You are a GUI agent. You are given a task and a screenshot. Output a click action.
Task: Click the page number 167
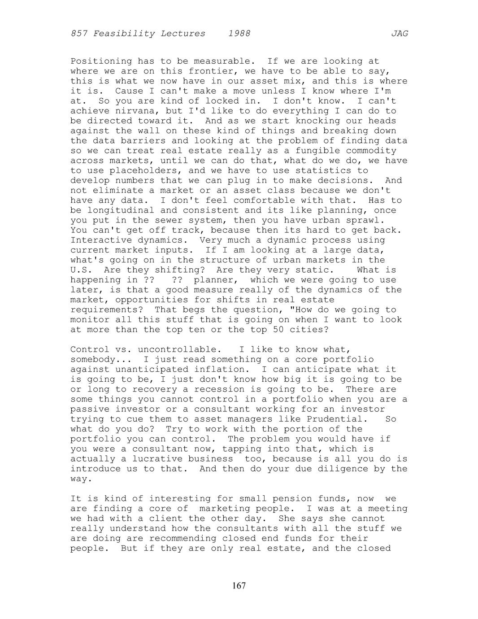point(239,586)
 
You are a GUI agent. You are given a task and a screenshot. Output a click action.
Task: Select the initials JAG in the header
point(399,34)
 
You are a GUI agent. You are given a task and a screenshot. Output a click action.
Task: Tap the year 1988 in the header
point(239,34)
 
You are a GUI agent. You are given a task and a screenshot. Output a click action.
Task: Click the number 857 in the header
point(79,34)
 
